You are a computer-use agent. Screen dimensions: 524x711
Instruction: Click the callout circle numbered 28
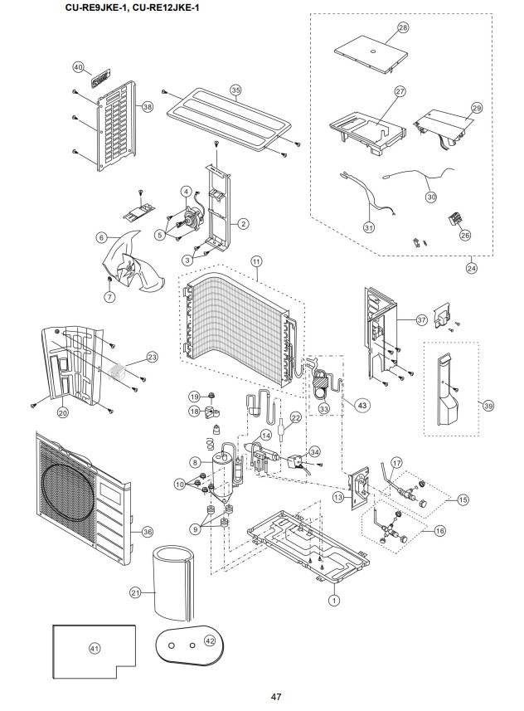[402, 27]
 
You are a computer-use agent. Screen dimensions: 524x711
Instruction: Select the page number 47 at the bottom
[276, 697]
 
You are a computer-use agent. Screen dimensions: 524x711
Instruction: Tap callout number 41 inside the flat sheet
[95, 649]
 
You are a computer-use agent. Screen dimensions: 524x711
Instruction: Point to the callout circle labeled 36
[148, 532]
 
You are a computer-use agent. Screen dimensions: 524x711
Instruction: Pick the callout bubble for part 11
[256, 261]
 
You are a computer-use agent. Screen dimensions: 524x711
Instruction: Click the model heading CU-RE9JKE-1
[94, 7]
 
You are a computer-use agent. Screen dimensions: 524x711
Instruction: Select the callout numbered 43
[361, 405]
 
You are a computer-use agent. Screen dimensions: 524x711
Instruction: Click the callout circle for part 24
[472, 268]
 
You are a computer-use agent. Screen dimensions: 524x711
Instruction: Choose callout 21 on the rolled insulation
[135, 592]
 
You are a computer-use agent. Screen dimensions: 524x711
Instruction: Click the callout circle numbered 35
[235, 90]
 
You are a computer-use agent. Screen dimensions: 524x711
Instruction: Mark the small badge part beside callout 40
[97, 81]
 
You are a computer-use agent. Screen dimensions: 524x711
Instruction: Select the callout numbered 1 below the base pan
[334, 601]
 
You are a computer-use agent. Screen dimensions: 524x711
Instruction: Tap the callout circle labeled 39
[488, 406]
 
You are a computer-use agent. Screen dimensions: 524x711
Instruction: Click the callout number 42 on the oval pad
[210, 641]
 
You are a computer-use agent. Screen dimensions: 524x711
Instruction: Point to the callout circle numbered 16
[439, 530]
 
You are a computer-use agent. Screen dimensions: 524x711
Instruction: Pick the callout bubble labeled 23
[152, 358]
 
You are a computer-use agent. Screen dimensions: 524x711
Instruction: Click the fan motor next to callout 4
[192, 217]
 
